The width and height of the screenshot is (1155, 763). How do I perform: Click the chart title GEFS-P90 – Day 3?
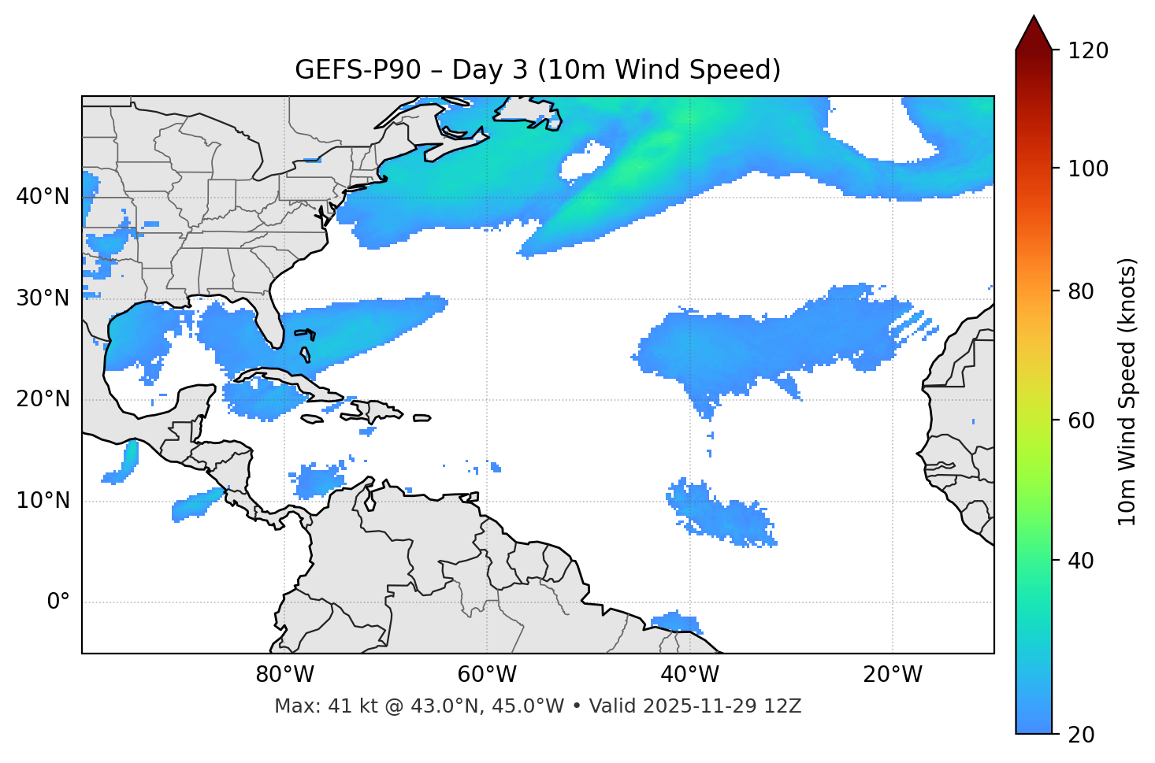point(537,70)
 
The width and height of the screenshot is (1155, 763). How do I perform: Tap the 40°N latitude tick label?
point(43,197)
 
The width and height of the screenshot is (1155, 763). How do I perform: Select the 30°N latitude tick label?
point(43,298)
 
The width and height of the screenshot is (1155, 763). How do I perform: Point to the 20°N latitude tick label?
point(43,399)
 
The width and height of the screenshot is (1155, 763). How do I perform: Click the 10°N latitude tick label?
point(43,501)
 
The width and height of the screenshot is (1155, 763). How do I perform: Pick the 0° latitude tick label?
point(58,602)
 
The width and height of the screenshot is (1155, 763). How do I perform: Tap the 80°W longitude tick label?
point(284,675)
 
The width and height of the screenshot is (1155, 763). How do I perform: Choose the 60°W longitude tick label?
point(487,675)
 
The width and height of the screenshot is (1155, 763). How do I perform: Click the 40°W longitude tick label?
point(690,675)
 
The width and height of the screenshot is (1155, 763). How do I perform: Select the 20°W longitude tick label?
point(893,675)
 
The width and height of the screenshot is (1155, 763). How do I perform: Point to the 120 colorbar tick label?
point(1088,51)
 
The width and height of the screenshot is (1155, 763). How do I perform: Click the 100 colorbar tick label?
point(1088,169)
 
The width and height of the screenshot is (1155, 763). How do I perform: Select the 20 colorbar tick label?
point(1083,735)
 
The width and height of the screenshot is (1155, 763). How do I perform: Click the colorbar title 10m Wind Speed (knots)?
point(1127,391)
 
